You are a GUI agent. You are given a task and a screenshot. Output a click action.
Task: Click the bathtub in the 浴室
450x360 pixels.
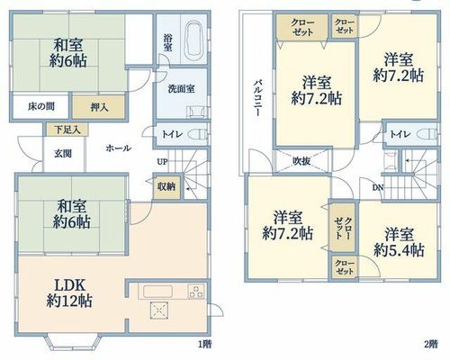coord(194,40)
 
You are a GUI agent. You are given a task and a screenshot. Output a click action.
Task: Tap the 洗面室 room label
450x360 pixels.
coord(181,89)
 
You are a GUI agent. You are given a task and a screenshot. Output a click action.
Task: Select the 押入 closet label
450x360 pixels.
coord(99,107)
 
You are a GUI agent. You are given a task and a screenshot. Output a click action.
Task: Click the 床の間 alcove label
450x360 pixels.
coord(41,106)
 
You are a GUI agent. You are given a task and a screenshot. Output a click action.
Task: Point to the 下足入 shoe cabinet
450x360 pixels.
coord(67,130)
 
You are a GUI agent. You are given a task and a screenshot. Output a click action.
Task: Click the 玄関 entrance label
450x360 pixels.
coord(63,154)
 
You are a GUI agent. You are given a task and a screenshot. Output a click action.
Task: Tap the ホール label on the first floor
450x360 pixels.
coord(119,148)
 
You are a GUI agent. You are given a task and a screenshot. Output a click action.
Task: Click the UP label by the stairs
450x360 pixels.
coord(162,162)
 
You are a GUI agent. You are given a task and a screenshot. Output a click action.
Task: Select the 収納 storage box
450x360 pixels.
coord(166,186)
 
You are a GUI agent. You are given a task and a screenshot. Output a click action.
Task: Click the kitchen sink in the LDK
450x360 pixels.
coord(157,292)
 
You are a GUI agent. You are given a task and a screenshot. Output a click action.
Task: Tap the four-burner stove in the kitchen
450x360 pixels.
coord(196,291)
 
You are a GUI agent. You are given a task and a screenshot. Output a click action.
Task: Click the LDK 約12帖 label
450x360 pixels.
coord(69,292)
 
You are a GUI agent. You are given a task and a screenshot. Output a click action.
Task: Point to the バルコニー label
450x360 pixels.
coord(257,97)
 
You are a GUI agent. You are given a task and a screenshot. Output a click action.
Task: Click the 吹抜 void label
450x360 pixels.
coord(301,161)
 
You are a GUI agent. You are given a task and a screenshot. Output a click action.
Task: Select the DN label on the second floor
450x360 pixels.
coord(378,188)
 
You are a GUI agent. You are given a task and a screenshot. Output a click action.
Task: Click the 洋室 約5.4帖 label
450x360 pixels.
coord(399,242)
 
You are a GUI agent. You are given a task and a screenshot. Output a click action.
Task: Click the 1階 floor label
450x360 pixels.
coord(204,344)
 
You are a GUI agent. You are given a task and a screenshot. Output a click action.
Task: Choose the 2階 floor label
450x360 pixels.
coord(430,344)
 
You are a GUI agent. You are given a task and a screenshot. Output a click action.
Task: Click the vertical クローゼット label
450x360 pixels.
coord(343,228)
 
